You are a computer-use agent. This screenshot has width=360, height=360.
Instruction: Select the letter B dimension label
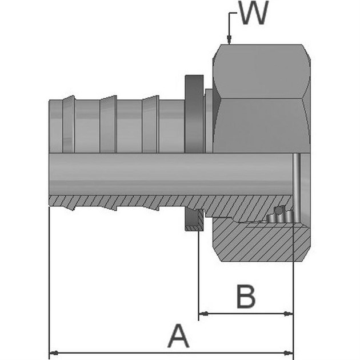(x=246, y=297)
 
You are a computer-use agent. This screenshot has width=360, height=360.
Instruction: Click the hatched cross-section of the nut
(x=257, y=240)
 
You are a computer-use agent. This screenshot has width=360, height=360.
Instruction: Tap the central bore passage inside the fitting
(x=171, y=174)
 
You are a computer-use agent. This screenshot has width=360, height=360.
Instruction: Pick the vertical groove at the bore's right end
(x=296, y=174)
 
